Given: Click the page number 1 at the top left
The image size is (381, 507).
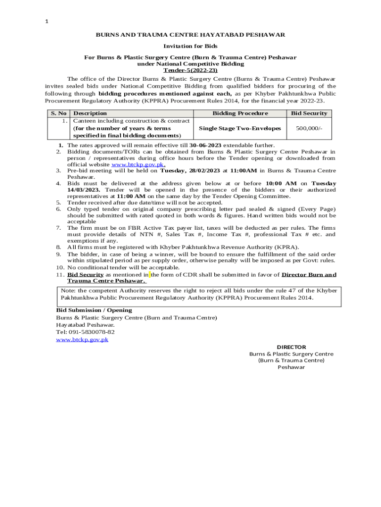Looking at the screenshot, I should click(47, 21).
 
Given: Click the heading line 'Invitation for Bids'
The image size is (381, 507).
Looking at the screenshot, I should click(190, 46).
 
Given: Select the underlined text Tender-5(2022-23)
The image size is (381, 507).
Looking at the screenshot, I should click(190, 70).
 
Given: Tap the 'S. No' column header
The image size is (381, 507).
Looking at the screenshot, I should click(58, 113).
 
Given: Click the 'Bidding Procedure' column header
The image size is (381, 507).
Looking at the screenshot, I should click(240, 113).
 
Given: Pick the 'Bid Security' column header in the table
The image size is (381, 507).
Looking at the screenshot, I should click(309, 113).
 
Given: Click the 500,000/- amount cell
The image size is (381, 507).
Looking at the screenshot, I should click(309, 128).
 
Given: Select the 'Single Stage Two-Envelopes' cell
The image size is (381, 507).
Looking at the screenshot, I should click(240, 128).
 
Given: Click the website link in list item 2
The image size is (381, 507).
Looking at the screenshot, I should click(138, 164).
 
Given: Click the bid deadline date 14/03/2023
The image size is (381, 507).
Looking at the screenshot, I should click(84, 190).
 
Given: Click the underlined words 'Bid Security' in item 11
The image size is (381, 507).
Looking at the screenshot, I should click(85, 275).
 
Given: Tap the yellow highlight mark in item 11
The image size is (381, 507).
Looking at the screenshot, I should click(149, 275).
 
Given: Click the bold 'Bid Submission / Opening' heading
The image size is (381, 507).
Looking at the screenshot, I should click(94, 310).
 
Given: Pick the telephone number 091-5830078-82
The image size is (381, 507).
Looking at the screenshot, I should click(92, 332).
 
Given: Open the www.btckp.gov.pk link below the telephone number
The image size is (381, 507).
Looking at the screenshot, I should click(82, 340).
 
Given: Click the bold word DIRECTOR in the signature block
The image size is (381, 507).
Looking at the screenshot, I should click(291, 347).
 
